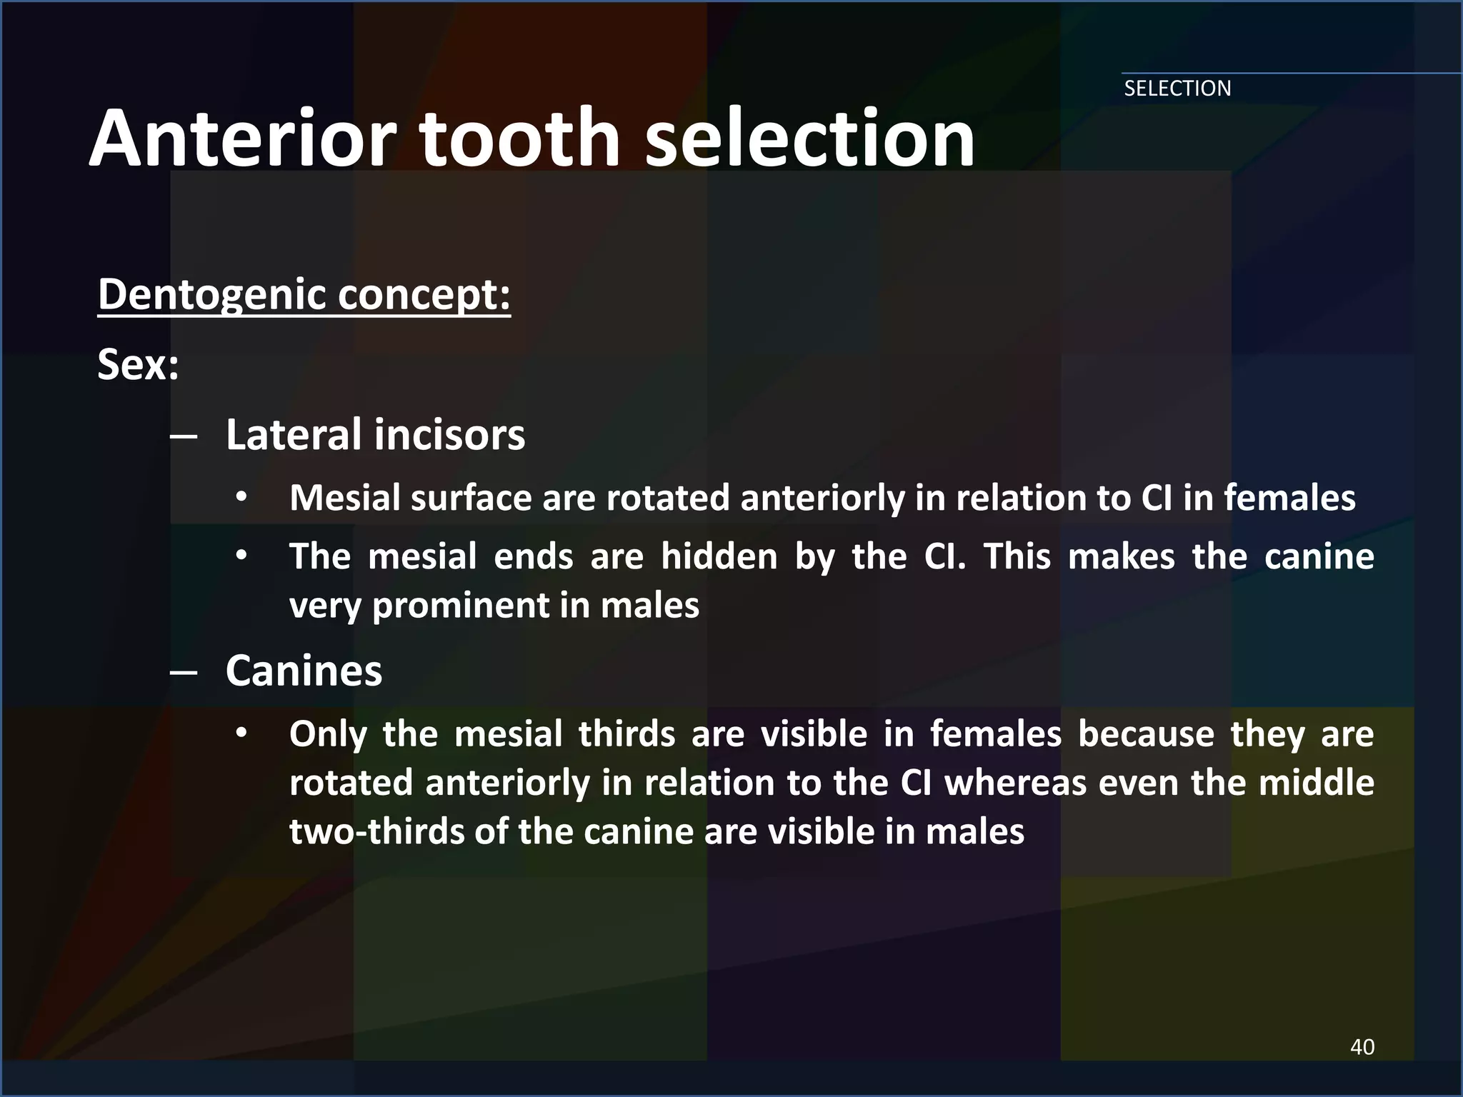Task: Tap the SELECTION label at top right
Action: (1177, 89)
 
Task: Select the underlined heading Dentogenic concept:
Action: (304, 295)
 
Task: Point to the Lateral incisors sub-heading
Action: (375, 435)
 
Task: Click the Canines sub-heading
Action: (304, 671)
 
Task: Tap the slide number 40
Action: (1362, 1047)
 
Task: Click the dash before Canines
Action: (184, 673)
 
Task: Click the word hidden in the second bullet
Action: (719, 556)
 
